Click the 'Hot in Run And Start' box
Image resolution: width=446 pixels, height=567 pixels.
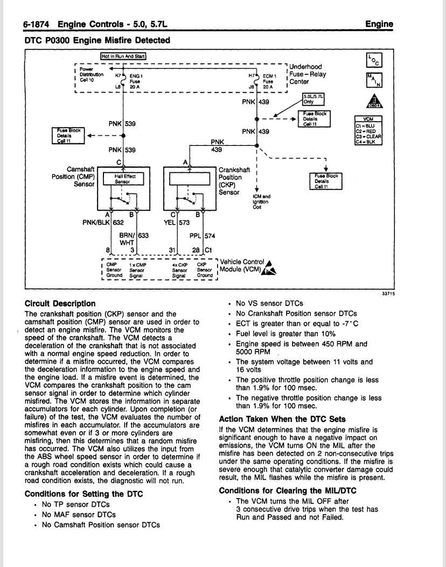(123, 56)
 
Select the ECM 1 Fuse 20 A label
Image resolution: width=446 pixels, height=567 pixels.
(269, 81)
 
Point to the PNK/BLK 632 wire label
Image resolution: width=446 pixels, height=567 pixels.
(103, 222)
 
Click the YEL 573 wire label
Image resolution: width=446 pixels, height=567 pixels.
(177, 222)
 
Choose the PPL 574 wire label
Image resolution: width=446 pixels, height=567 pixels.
(202, 236)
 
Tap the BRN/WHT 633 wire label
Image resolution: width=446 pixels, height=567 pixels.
(134, 239)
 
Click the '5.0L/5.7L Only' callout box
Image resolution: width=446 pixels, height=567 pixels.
(313, 99)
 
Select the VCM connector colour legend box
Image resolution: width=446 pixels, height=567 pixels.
(368, 130)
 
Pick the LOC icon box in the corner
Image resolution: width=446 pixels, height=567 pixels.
(374, 61)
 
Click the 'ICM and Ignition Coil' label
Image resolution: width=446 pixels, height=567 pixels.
(261, 202)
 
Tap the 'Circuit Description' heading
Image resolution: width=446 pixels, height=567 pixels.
(60, 303)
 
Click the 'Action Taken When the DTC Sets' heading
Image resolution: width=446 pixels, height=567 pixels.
(282, 419)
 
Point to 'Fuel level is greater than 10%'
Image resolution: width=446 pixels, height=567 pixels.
(286, 334)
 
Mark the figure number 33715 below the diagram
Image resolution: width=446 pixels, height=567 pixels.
(388, 293)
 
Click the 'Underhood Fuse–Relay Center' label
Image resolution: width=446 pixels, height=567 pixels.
(308, 74)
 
